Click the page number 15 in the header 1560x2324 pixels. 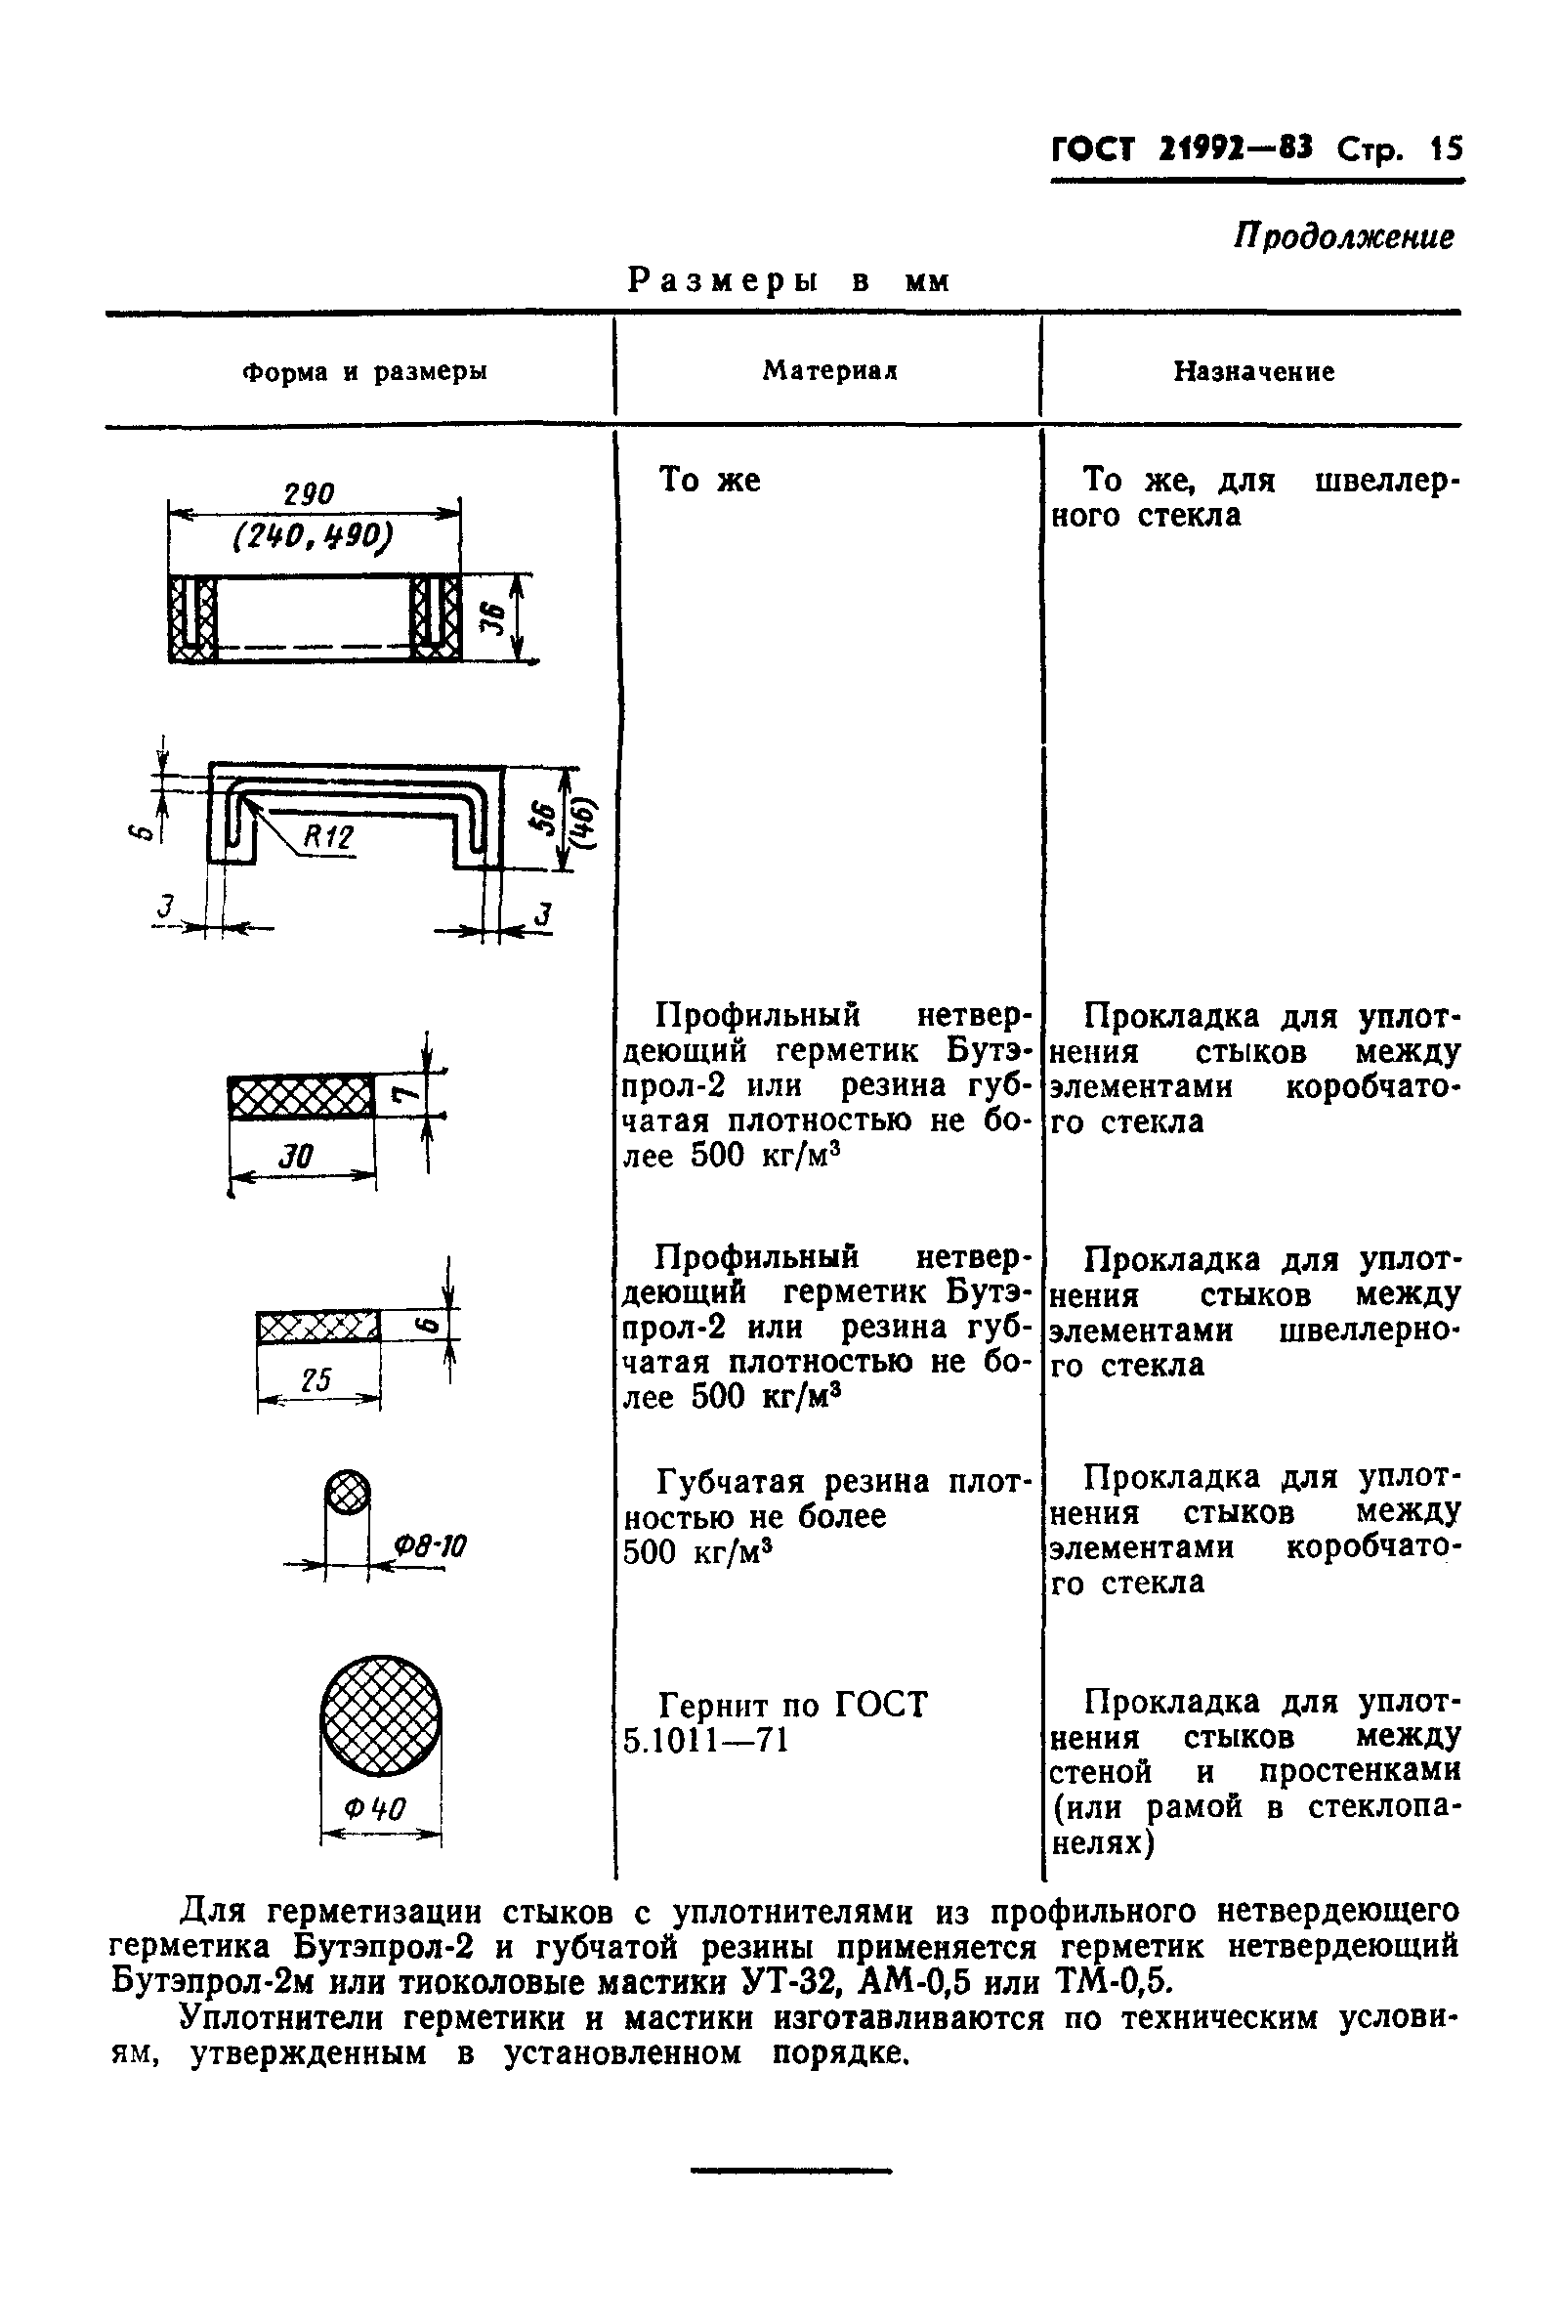point(1446,150)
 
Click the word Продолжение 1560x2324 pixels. point(1343,237)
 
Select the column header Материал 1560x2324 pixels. point(829,371)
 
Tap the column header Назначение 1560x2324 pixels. point(1253,372)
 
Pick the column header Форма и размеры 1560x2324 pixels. point(365,372)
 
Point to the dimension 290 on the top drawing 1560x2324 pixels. point(310,494)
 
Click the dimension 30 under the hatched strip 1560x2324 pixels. point(295,1156)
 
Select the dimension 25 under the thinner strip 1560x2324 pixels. point(316,1380)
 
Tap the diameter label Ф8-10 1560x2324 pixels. point(430,1546)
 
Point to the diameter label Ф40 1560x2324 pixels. point(375,1807)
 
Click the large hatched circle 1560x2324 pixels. point(381,1716)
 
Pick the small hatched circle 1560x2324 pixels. point(347,1493)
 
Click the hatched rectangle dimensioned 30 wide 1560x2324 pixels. point(301,1096)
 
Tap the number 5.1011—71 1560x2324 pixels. point(705,1740)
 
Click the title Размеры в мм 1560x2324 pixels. point(788,281)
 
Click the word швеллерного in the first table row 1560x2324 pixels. point(1387,482)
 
